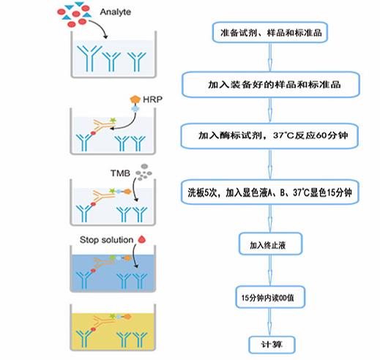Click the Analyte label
tap(116, 12)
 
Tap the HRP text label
tap(152, 100)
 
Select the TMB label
tap(120, 173)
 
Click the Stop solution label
tap(106, 240)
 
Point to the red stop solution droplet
tap(142, 239)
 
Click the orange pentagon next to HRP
tap(135, 100)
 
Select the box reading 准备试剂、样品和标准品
tap(269, 32)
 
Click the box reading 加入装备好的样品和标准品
tap(271, 84)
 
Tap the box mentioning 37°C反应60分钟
tap(269, 135)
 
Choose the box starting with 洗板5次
tap(269, 192)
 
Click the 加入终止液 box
tap(270, 244)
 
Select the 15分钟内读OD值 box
tap(270, 297)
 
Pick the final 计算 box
tap(272, 345)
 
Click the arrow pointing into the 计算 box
tap(269, 322)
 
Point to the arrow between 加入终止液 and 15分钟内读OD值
tap(270, 271)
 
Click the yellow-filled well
tap(113, 328)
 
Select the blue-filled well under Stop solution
tap(113, 269)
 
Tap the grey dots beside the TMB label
tap(144, 172)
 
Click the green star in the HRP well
tap(113, 120)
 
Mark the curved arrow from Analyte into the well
tap(101, 26)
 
